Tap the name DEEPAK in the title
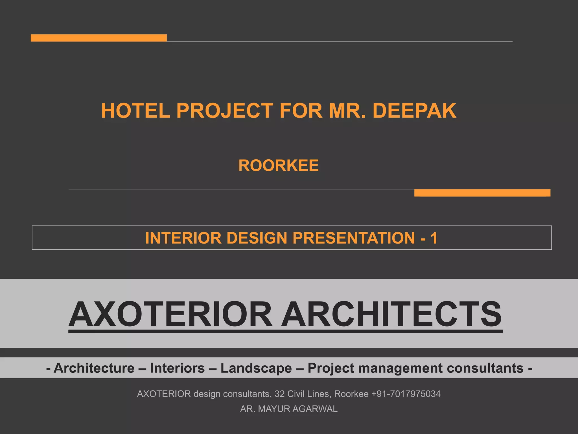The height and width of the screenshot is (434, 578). coord(414,110)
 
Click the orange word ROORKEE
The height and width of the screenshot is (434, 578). coord(279,166)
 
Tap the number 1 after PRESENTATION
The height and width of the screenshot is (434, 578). coord(434,238)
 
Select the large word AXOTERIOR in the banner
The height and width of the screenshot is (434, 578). coord(170,314)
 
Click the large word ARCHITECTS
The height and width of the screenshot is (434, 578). coord(392,314)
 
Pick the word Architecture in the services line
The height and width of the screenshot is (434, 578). coord(94,368)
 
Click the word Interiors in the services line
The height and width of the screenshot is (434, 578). coord(177,368)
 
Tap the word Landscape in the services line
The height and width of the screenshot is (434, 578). coord(256,368)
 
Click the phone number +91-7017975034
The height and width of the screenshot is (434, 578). coord(406,394)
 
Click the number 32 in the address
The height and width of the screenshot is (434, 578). coord(279,394)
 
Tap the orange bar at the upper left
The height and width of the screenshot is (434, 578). coord(98,38)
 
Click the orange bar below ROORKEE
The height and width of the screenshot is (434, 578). coord(482,193)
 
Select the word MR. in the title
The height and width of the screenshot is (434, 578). coord(347,110)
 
